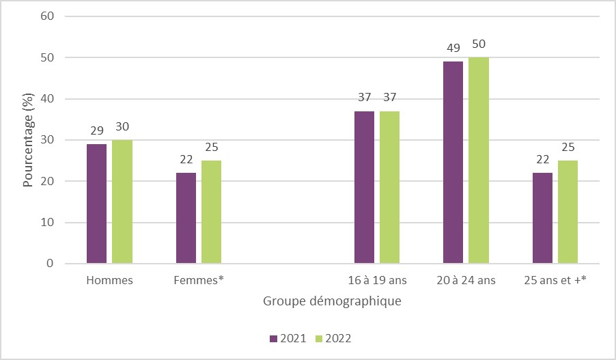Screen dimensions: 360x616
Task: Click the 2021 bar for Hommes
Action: (x=96, y=204)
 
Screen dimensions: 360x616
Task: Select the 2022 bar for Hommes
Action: (x=122, y=202)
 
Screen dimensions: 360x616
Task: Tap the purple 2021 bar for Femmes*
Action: (x=186, y=218)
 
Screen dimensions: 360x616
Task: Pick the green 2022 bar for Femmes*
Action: (x=211, y=212)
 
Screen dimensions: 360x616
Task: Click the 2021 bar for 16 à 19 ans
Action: (x=364, y=187)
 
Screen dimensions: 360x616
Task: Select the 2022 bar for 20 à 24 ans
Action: (x=479, y=161)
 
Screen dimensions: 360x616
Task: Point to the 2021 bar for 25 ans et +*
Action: (x=542, y=218)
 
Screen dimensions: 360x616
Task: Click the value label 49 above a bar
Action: (x=453, y=47)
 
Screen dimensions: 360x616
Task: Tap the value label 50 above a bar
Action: (x=479, y=44)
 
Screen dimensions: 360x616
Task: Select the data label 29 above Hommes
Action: (x=96, y=129)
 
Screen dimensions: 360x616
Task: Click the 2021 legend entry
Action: (x=285, y=338)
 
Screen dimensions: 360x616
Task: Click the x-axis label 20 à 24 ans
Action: (x=466, y=280)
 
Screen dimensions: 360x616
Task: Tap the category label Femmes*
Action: (x=199, y=280)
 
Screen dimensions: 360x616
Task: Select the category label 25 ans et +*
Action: (x=555, y=280)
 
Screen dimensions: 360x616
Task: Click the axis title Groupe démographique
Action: (x=331, y=301)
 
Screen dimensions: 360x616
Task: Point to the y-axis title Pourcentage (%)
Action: (x=29, y=140)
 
